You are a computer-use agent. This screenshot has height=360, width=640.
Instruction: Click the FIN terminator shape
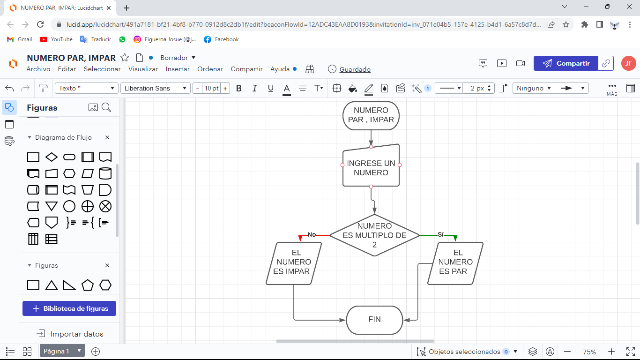(x=374, y=320)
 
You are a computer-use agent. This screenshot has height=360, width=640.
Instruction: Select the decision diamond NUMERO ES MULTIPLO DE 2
(x=374, y=235)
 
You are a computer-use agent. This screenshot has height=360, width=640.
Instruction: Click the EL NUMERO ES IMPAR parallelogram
(x=294, y=263)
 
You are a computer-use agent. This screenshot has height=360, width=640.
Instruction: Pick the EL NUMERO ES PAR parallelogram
(x=455, y=263)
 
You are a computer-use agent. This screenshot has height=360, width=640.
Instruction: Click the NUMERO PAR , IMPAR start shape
(x=371, y=115)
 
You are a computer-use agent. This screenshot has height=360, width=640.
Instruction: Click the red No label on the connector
(x=312, y=235)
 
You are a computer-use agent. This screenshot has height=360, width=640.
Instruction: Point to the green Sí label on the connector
(x=440, y=234)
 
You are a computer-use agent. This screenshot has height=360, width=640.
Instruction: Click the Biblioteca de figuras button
(x=69, y=308)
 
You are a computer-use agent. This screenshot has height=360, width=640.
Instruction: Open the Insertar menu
(x=178, y=69)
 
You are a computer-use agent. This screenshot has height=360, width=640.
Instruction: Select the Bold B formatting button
(x=239, y=88)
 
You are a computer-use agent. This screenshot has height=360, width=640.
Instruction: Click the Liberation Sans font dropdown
(x=156, y=88)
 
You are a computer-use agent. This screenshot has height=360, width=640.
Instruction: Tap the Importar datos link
(x=70, y=334)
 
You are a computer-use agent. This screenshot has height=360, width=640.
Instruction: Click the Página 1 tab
(x=56, y=351)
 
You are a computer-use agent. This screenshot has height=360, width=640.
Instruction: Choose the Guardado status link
(x=355, y=69)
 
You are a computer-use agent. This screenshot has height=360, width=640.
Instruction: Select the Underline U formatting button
(x=270, y=88)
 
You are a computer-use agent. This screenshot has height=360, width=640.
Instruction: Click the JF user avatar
(x=629, y=63)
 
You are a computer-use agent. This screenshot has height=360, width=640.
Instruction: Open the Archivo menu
(x=38, y=69)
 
